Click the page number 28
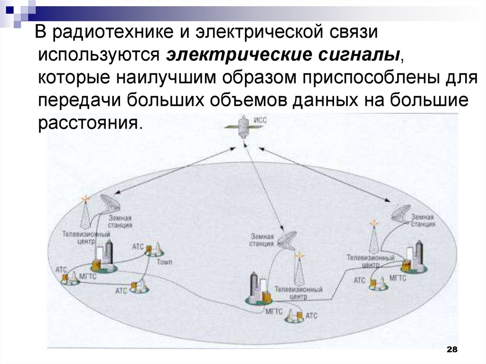tap(452, 350)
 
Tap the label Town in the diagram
tap(164, 261)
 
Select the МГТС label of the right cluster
tap(398, 278)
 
